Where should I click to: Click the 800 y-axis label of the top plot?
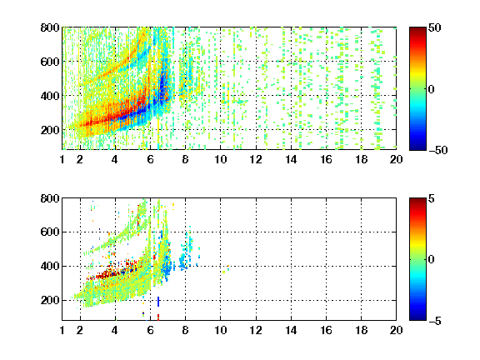coord(50,27)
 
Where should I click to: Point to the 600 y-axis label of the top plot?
coord(50,62)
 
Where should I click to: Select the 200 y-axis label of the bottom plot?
coord(50,300)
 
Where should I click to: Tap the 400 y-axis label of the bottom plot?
coord(50,266)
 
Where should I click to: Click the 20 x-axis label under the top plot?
coord(396,159)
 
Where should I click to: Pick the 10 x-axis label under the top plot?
coord(220,159)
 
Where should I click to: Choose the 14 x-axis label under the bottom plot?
coord(291,330)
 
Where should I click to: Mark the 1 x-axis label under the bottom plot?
coord(62,330)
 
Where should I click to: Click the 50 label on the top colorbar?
coord(434,27)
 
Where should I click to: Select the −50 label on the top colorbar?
coord(437,150)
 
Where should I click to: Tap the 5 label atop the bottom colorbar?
coord(432,198)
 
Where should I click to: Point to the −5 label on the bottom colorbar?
coord(435,321)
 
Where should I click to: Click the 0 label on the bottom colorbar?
coord(432,260)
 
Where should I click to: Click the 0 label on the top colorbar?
coord(432,89)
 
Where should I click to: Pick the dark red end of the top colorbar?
coord(417,29)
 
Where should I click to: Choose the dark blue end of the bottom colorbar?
coord(417,318)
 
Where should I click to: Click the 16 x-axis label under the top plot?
coord(326,159)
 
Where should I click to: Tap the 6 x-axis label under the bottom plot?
coord(150,330)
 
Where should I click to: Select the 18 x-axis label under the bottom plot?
coord(361,330)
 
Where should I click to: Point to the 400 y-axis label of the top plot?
coord(50,96)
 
